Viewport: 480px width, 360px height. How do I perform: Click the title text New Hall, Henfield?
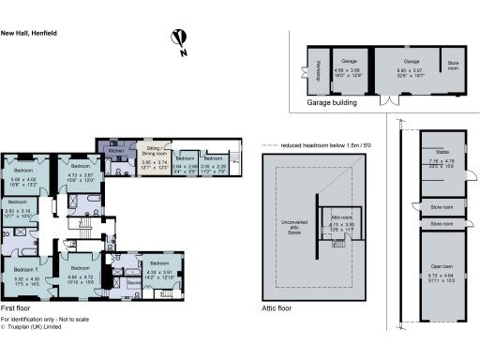point(29,32)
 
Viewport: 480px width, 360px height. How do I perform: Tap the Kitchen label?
point(116,150)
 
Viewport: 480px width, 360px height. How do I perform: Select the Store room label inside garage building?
point(454,65)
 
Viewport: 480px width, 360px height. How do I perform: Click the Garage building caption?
point(332,103)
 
